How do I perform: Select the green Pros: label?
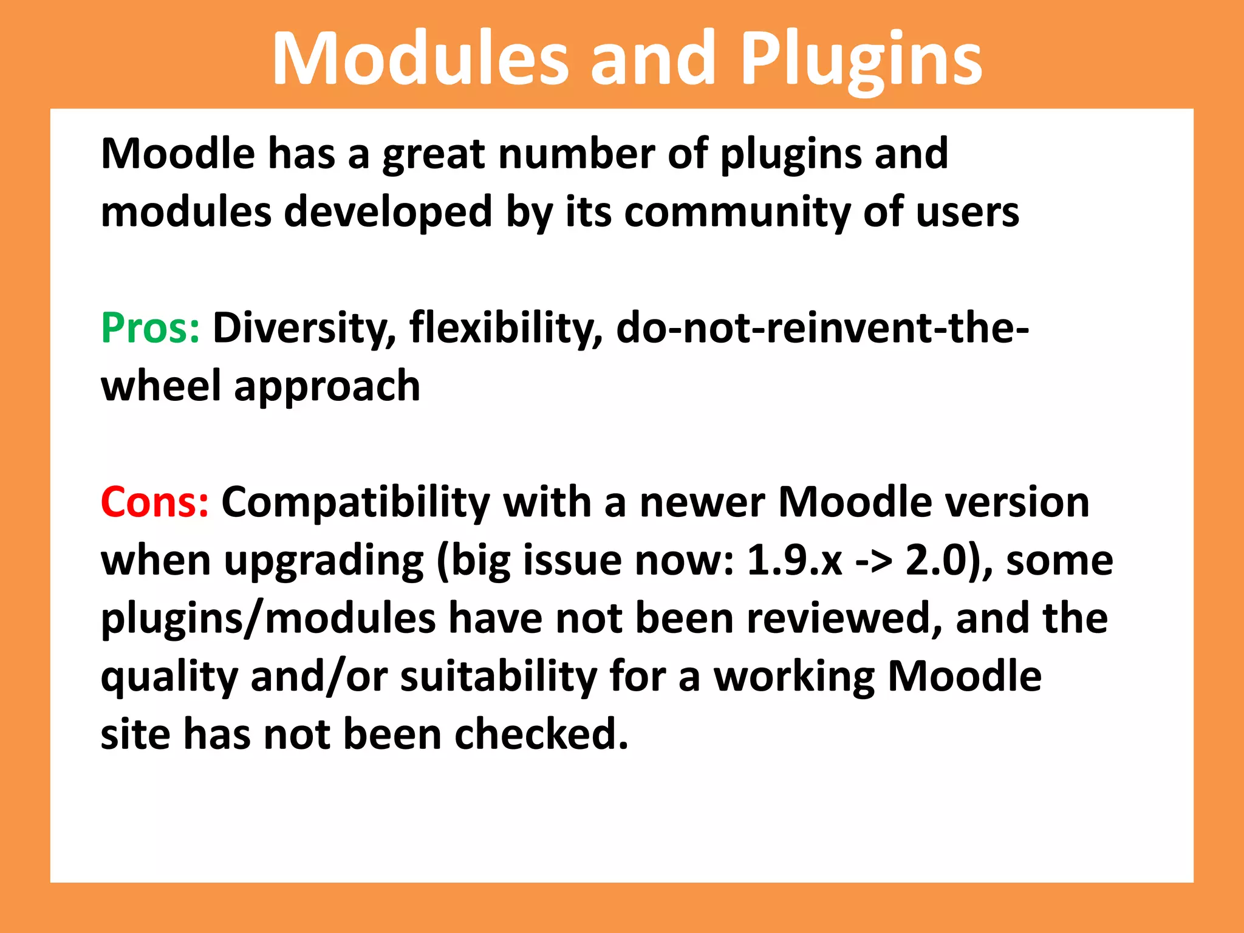click(150, 328)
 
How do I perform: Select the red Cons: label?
click(155, 502)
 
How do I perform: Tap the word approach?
click(327, 386)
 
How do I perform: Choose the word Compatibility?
click(355, 502)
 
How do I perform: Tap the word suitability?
click(499, 677)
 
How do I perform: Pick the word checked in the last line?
click(541, 734)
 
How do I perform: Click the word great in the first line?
click(434, 154)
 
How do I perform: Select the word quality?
click(169, 677)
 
